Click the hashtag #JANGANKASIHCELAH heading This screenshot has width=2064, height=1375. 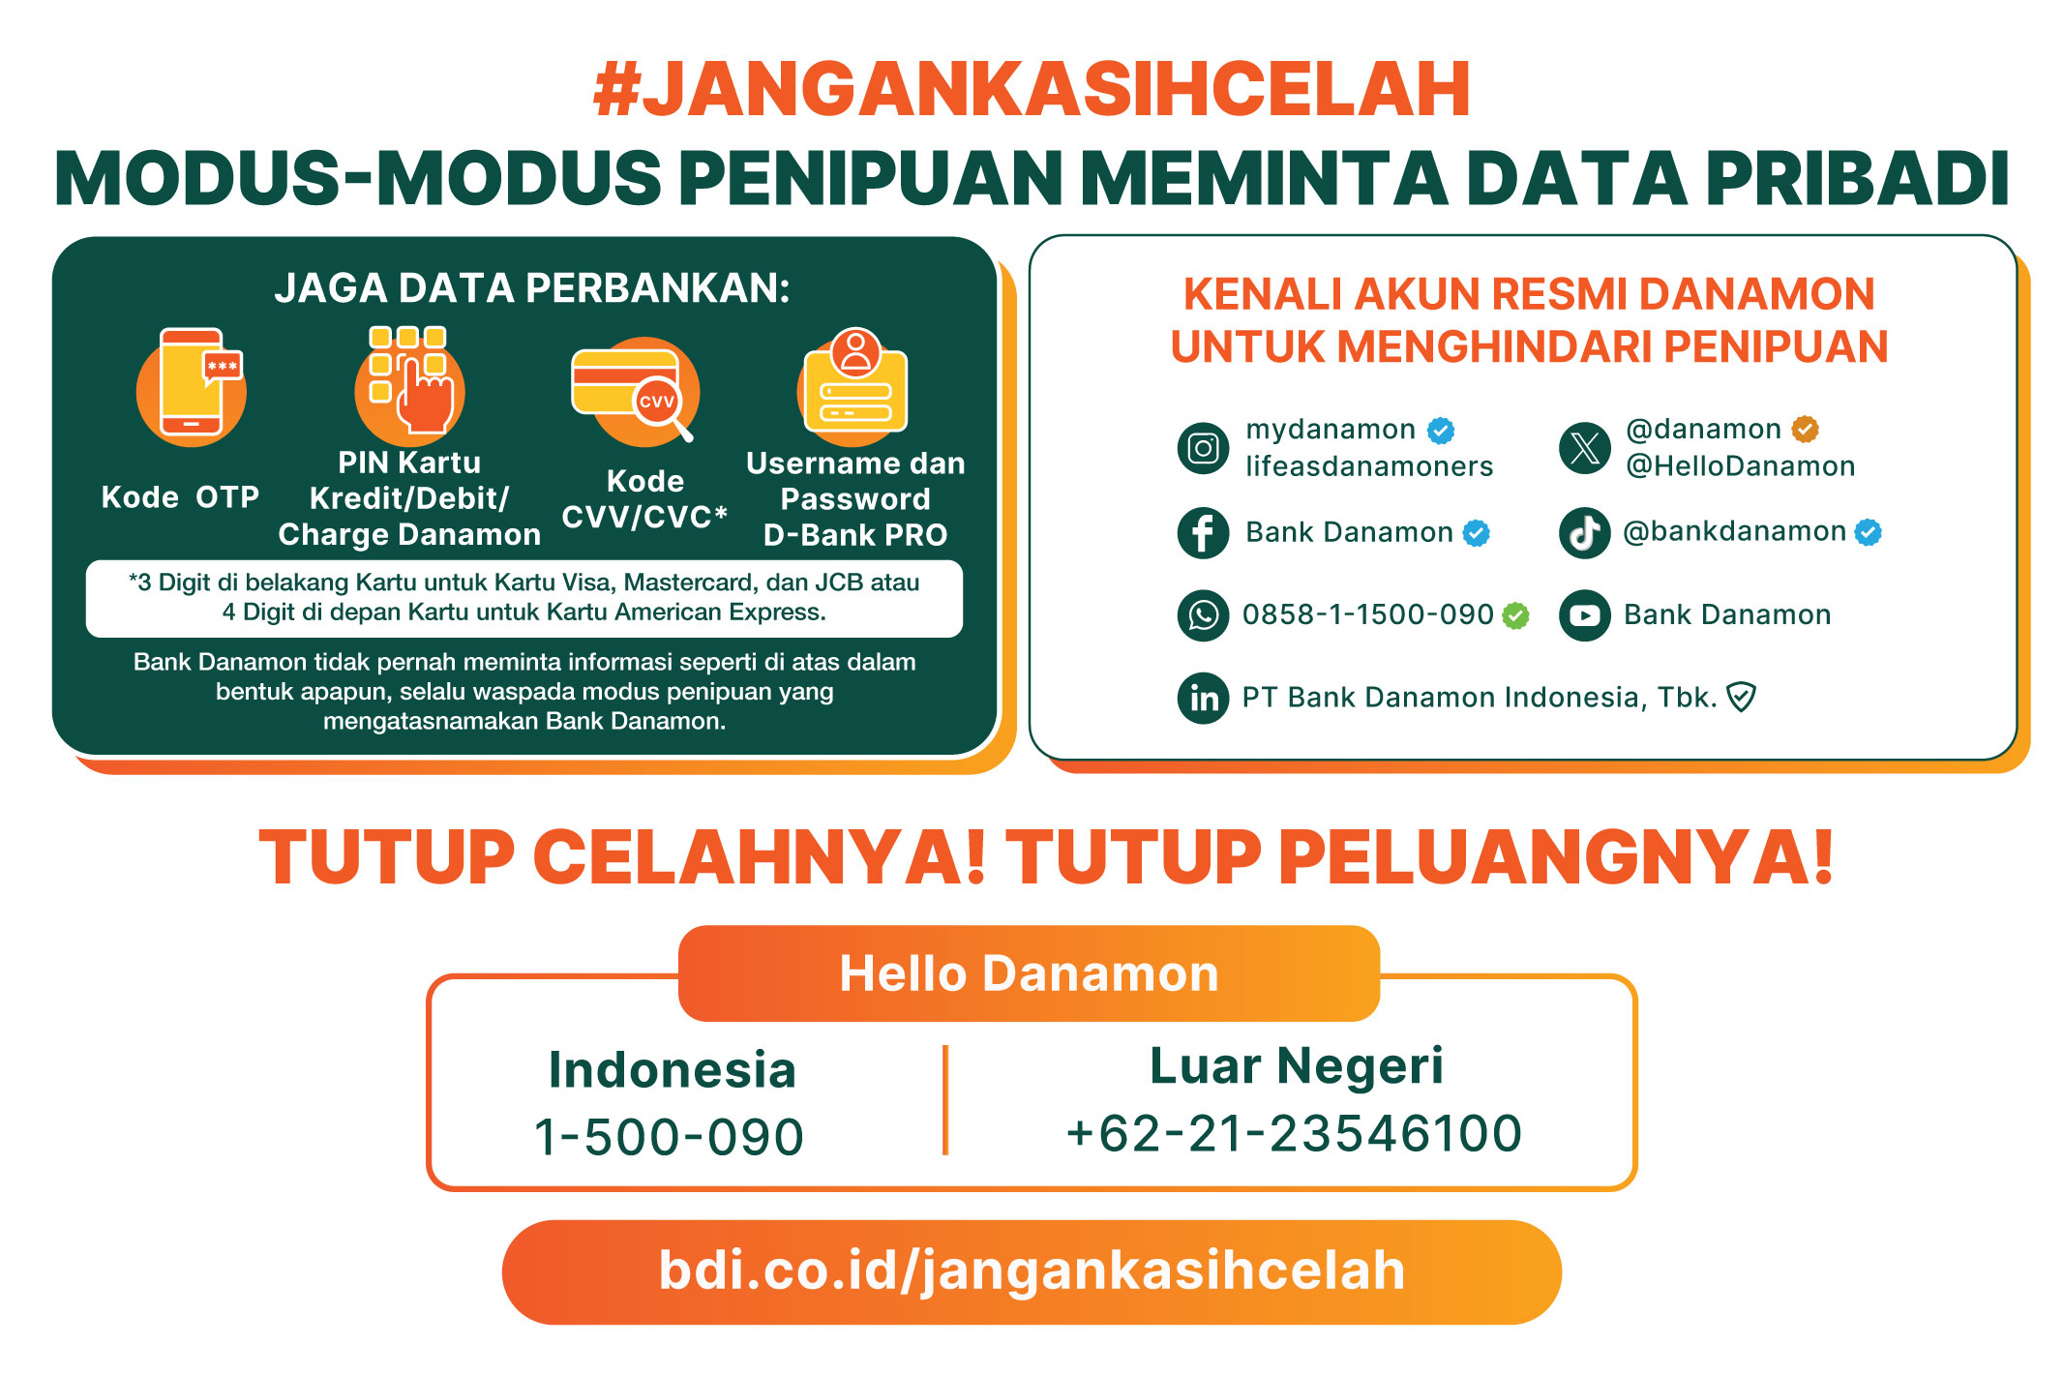click(x=1032, y=89)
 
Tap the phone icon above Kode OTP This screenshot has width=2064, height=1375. click(x=191, y=385)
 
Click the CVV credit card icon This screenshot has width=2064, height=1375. click(x=635, y=390)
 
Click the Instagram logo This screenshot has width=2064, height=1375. click(x=1203, y=448)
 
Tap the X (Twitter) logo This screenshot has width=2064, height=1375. click(x=1585, y=448)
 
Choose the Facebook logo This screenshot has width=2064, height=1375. click(x=1203, y=532)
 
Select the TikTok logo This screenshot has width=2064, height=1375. click(x=1585, y=532)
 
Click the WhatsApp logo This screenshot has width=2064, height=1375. click(x=1203, y=615)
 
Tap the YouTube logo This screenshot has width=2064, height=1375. click(x=1585, y=615)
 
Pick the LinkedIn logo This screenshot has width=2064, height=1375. click(x=1203, y=698)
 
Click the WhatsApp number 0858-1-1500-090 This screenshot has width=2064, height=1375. click(x=1367, y=614)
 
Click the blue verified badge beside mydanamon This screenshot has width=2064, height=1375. click(x=1441, y=430)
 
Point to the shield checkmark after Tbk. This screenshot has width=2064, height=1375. click(x=1741, y=697)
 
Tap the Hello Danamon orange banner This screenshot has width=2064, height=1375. click(x=1029, y=973)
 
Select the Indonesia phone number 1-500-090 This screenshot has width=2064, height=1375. click(x=669, y=1137)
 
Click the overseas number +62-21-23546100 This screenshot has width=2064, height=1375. click(x=1294, y=1133)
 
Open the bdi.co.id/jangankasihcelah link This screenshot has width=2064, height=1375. click(x=1032, y=1271)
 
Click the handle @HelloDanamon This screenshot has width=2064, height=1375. click(x=1740, y=466)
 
